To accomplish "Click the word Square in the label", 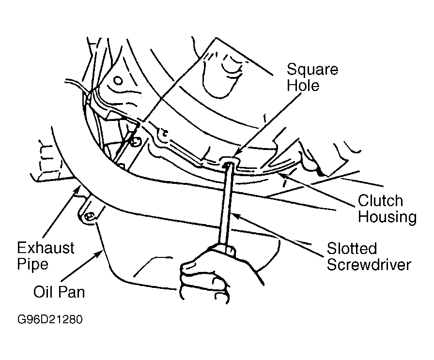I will pos(312,69).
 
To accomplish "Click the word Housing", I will pos(387,217).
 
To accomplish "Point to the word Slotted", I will pos(352,249).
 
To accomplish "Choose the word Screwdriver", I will pos(369,265).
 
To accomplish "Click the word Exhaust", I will pos(46,248).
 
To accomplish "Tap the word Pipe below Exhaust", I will pos(33,265).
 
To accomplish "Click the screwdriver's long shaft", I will pos(225,203).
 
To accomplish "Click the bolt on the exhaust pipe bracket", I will pos(88,218).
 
